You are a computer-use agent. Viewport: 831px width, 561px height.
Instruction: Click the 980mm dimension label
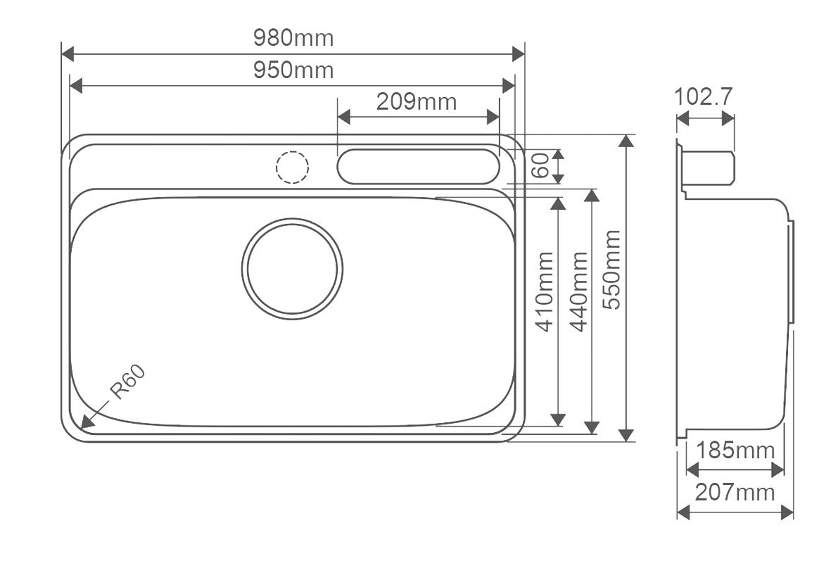click(293, 38)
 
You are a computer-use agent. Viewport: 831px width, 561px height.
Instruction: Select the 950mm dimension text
click(293, 70)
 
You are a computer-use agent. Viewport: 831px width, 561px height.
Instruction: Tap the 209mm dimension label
click(416, 101)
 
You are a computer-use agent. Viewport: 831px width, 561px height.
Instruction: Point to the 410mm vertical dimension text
click(545, 291)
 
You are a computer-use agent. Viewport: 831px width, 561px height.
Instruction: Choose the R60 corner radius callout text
click(128, 382)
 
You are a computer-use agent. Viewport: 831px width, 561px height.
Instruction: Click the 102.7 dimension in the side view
click(703, 96)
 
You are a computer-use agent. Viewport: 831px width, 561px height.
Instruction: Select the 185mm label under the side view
click(735, 450)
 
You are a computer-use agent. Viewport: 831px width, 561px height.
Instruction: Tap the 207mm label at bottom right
click(735, 493)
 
